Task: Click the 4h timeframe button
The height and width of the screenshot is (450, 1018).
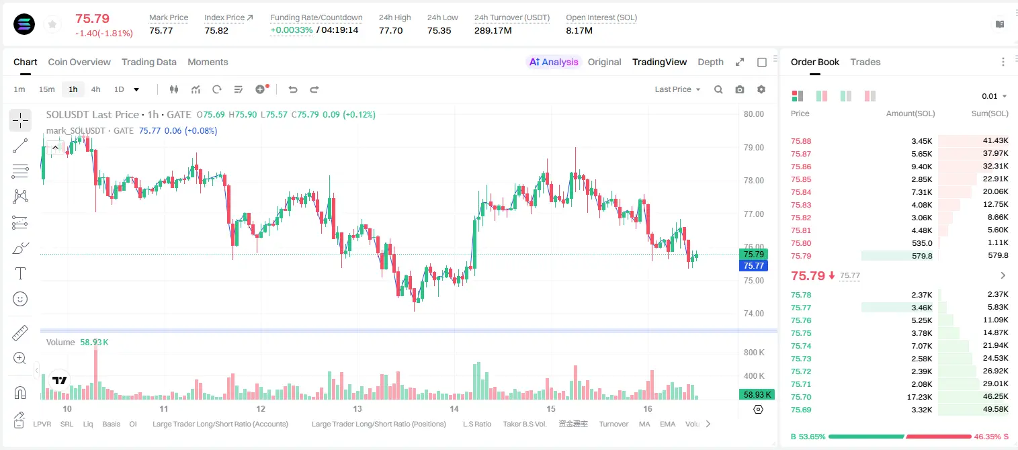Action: click(95, 89)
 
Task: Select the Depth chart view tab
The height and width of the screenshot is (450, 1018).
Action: click(710, 62)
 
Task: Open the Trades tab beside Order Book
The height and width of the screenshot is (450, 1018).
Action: click(865, 62)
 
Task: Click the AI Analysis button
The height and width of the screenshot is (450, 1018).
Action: click(554, 62)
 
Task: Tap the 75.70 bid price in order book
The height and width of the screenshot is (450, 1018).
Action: click(801, 397)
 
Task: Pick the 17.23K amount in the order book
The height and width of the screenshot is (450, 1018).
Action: click(919, 397)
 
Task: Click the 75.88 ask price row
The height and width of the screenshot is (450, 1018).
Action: click(801, 141)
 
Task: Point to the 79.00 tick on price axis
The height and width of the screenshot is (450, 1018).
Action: click(753, 148)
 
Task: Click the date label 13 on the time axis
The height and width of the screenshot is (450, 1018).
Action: click(357, 408)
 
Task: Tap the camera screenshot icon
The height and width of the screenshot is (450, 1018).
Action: click(740, 89)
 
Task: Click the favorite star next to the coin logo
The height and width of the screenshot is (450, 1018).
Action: click(52, 24)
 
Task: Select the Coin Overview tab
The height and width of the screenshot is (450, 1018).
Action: click(79, 62)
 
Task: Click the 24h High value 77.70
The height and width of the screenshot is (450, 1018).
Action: click(391, 30)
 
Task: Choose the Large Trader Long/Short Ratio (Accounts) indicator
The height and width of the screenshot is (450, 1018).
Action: click(220, 424)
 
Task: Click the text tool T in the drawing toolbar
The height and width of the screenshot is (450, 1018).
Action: click(20, 273)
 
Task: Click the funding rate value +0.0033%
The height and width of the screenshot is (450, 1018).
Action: click(292, 30)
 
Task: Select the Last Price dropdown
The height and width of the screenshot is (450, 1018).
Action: click(677, 89)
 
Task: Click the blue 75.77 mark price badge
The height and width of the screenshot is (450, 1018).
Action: click(753, 266)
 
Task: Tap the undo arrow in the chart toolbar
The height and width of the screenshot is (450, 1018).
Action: click(293, 89)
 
